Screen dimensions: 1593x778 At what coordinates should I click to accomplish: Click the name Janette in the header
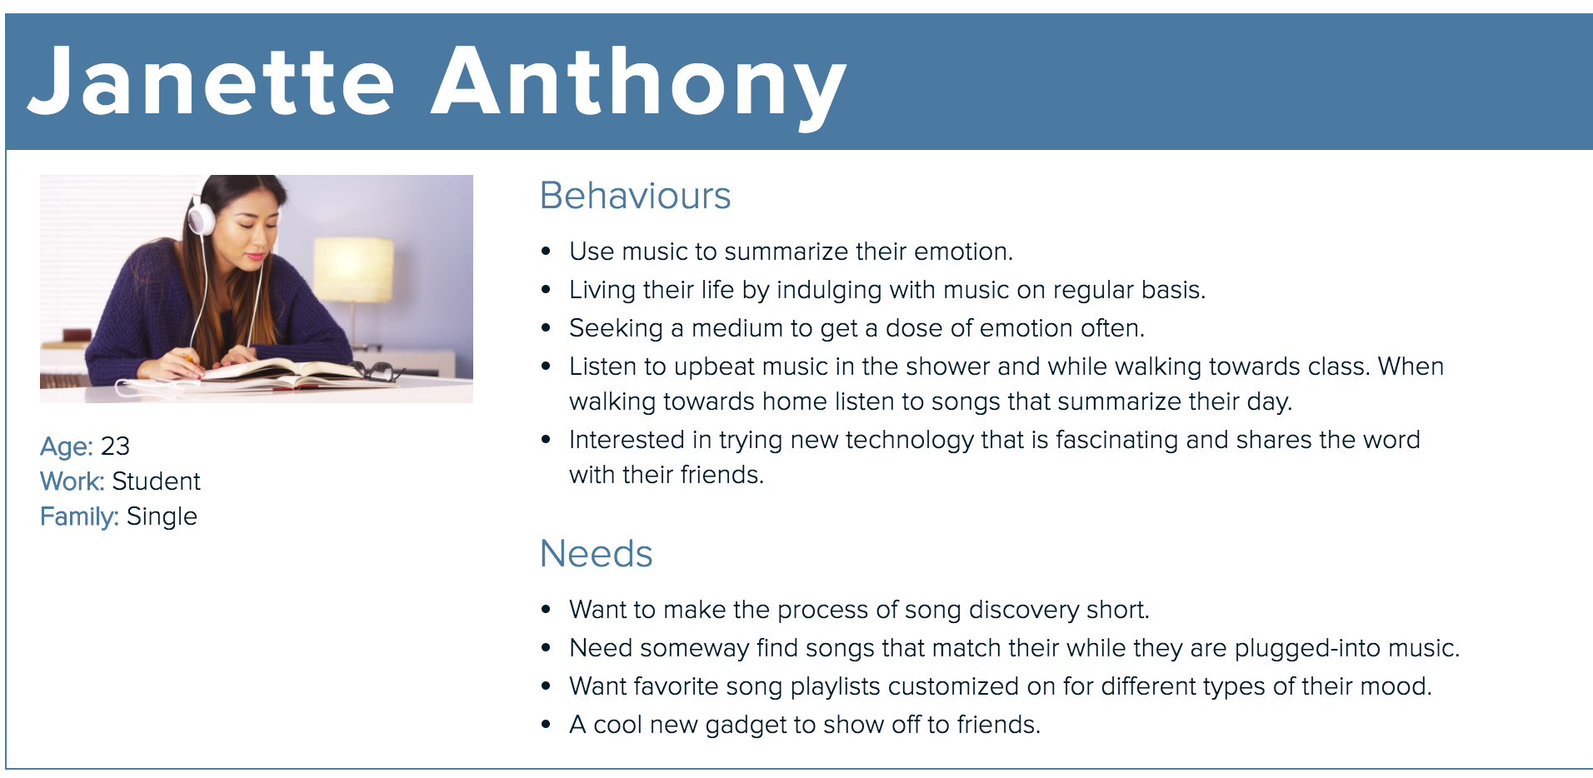[x=212, y=81]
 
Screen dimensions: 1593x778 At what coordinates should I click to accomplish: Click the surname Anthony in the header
[x=639, y=87]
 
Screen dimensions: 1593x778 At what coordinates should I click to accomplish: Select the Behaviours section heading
[x=635, y=196]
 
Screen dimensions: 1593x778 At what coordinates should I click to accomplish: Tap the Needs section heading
[x=596, y=554]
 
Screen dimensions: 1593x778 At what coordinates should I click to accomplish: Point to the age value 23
[x=115, y=446]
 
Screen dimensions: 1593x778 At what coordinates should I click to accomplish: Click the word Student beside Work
[x=156, y=481]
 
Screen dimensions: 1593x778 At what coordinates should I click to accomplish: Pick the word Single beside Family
[x=162, y=517]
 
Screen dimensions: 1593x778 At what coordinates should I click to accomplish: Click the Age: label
[x=67, y=447]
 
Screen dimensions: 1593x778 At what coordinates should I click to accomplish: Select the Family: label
[x=79, y=517]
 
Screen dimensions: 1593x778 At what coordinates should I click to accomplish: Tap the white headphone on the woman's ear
[x=201, y=215]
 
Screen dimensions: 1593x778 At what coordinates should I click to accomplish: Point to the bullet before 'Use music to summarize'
[x=546, y=252]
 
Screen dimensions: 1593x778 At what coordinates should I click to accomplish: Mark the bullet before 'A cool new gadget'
[x=546, y=725]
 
